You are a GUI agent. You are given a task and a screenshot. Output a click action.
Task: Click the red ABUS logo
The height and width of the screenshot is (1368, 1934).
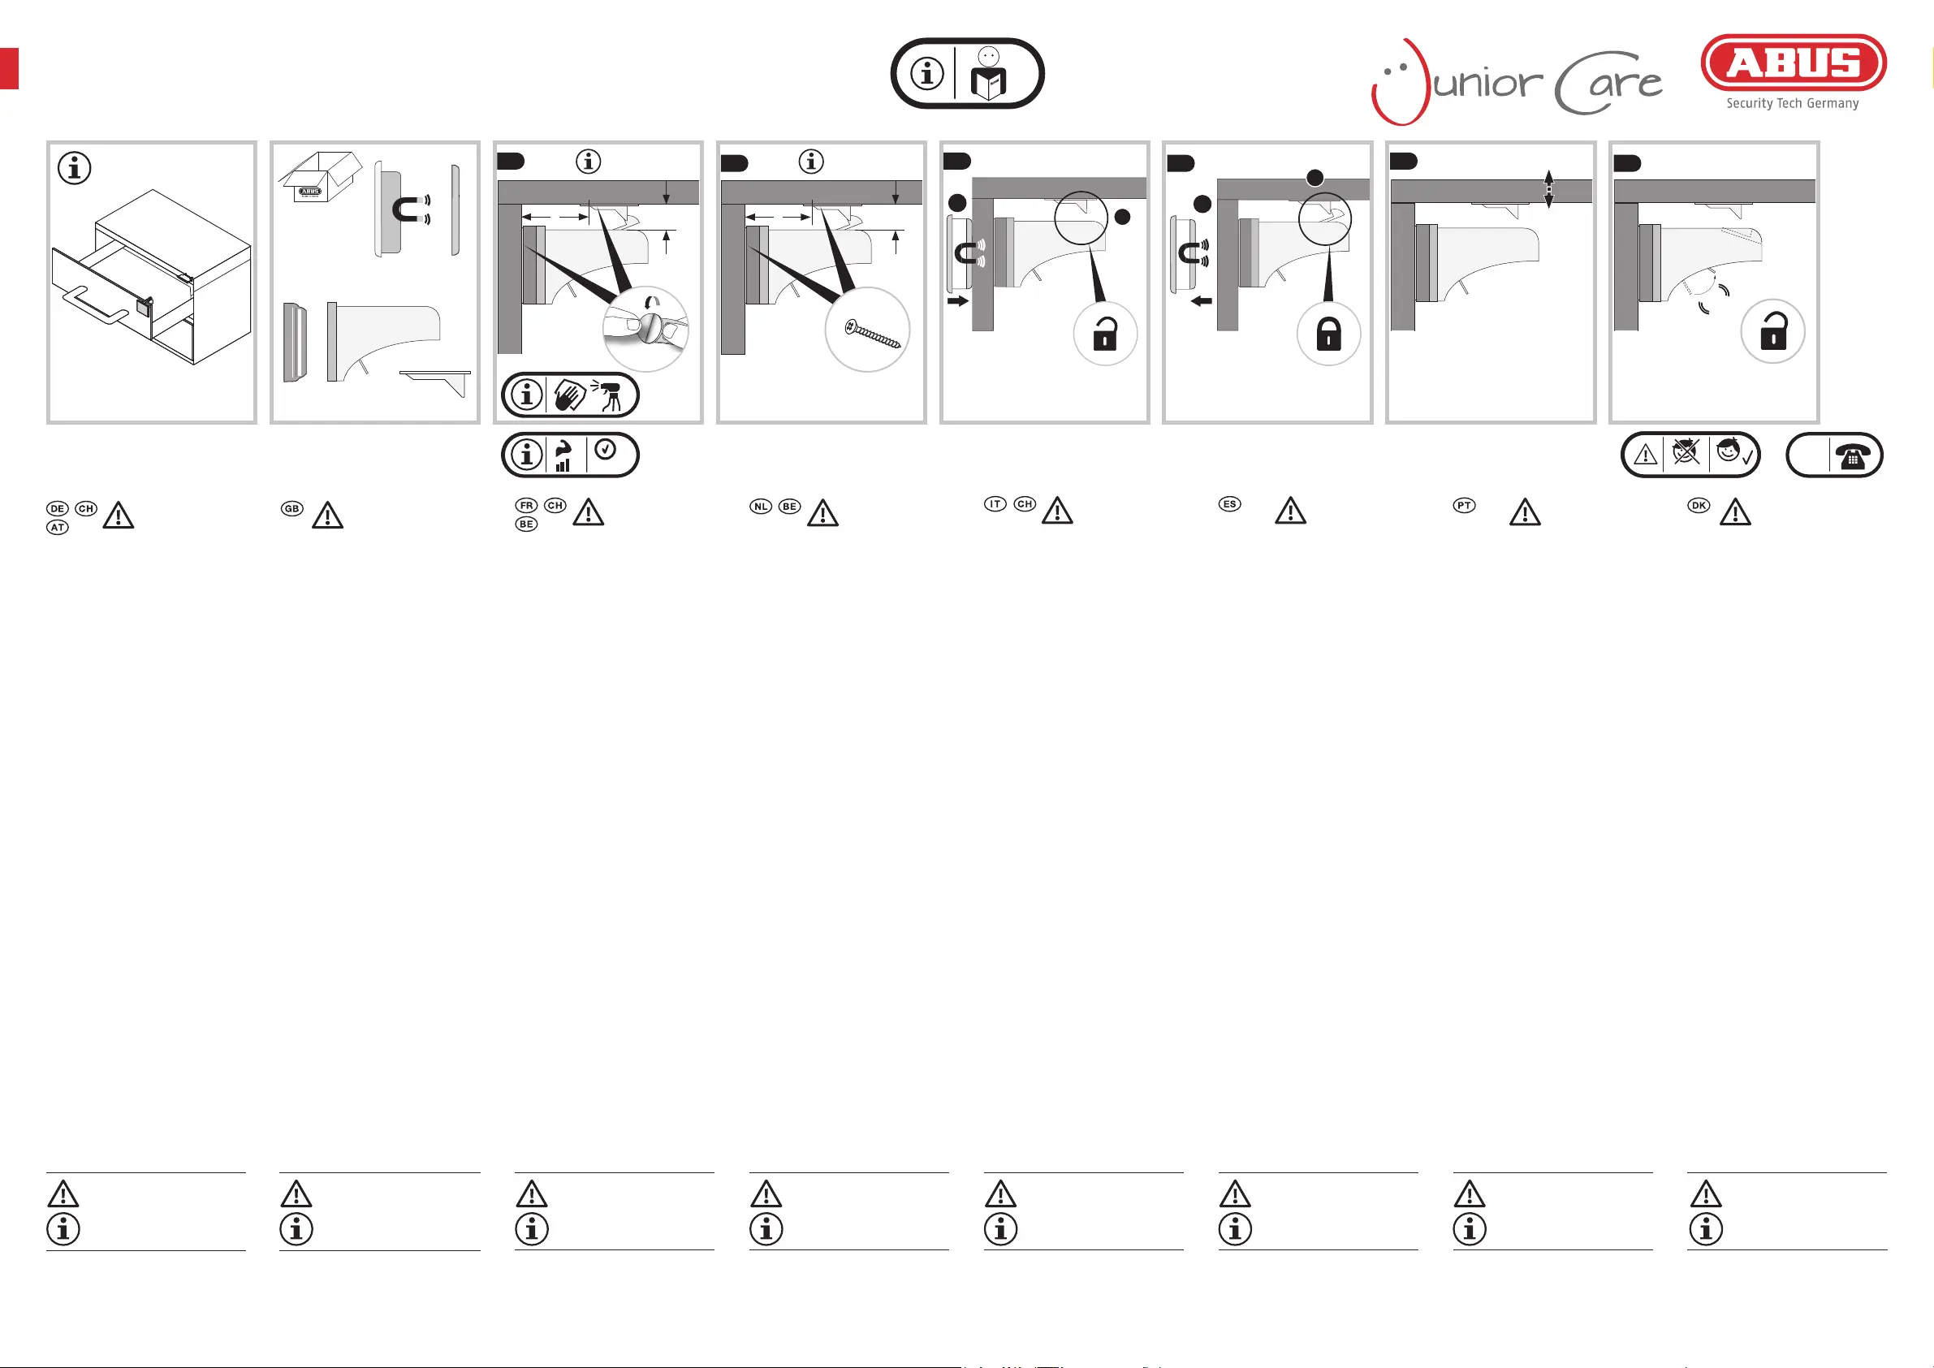coord(1794,63)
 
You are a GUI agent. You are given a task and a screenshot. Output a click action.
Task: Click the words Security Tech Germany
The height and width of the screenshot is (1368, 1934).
coord(1793,104)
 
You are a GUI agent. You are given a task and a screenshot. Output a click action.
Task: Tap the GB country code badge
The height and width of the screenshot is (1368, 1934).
coord(291,509)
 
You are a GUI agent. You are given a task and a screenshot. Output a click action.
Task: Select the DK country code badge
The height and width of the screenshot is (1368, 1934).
coord(1699,506)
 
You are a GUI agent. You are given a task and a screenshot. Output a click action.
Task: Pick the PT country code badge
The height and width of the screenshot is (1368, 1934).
coord(1464,506)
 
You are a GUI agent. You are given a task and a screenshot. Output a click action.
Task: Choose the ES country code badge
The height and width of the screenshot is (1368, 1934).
coord(1229,504)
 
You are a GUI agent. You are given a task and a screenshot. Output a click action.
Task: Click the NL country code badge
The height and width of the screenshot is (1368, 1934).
coord(761,507)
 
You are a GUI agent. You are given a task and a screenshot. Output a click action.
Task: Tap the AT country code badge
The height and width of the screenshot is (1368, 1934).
coord(58,528)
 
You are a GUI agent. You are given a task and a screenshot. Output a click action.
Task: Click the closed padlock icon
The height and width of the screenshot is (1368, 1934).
coord(1328,334)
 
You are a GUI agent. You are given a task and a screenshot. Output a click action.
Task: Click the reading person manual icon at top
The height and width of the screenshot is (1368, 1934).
coord(988,74)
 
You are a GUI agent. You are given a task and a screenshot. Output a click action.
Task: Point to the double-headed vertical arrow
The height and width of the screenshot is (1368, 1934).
coord(1548,189)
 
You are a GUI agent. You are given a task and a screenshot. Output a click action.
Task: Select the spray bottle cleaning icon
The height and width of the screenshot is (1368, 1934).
coord(611,395)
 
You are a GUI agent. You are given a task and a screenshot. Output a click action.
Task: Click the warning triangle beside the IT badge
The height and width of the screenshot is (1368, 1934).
coord(1057,511)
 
